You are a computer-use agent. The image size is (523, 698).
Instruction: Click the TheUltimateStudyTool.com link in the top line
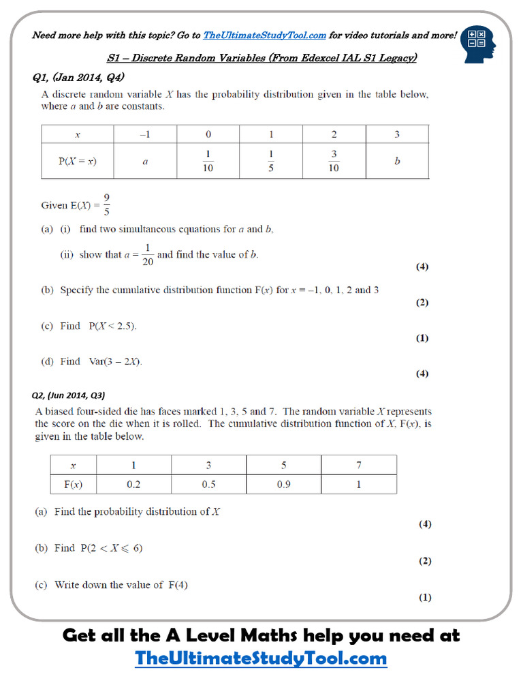(264, 35)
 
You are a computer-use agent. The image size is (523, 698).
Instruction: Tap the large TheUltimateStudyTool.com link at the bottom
(261, 658)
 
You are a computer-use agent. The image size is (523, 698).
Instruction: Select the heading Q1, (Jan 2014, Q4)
(78, 77)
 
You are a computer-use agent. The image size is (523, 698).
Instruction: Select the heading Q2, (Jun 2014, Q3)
(69, 395)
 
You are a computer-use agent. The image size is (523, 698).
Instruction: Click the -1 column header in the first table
(144, 134)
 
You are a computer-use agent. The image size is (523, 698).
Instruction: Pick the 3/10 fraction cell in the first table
(334, 161)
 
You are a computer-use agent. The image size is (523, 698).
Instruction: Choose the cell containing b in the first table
(397, 162)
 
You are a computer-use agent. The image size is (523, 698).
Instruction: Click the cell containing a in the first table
(144, 162)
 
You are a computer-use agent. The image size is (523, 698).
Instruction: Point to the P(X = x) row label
(77, 162)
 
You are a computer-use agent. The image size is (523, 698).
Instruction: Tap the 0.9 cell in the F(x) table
(283, 485)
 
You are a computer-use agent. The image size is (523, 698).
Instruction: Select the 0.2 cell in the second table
(133, 485)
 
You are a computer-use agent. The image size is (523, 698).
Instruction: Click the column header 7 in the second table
(358, 465)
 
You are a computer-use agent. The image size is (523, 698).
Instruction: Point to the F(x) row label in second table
(74, 485)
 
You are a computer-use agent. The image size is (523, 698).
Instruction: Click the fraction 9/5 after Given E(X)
(107, 204)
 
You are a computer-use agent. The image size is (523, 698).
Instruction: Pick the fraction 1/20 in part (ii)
(147, 255)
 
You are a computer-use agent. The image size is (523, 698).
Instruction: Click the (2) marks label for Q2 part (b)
(424, 561)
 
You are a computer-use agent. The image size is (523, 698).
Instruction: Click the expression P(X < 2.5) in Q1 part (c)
(112, 327)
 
